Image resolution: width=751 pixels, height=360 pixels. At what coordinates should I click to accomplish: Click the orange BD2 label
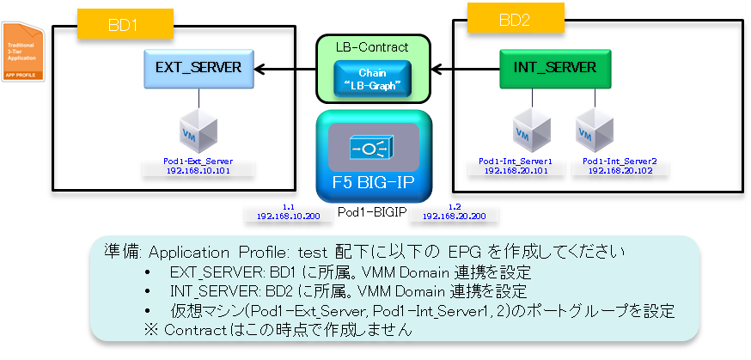pyautogui.click(x=516, y=19)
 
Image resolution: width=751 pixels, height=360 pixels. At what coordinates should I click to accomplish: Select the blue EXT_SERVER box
pyautogui.click(x=198, y=67)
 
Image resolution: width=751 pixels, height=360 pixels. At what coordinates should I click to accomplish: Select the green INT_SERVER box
pyautogui.click(x=549, y=67)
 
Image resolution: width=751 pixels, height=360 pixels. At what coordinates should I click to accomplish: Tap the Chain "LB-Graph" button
pyautogui.click(x=372, y=80)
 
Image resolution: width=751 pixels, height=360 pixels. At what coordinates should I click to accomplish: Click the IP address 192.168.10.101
pyautogui.click(x=198, y=170)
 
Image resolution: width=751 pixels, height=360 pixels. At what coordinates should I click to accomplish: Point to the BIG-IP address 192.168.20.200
pyautogui.click(x=455, y=217)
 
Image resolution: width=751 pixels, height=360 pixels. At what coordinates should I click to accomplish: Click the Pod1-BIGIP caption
pyautogui.click(x=373, y=211)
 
